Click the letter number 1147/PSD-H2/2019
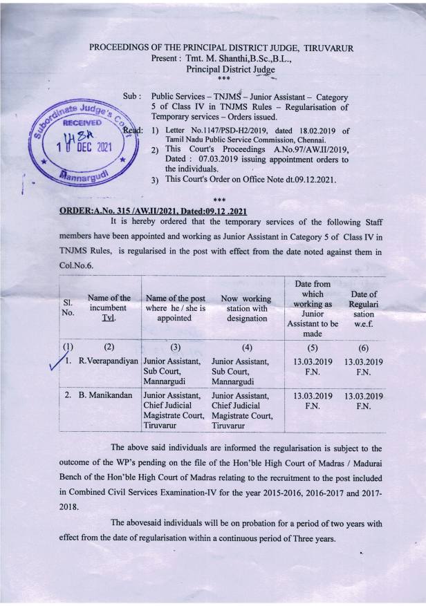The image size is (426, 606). click(226, 129)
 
